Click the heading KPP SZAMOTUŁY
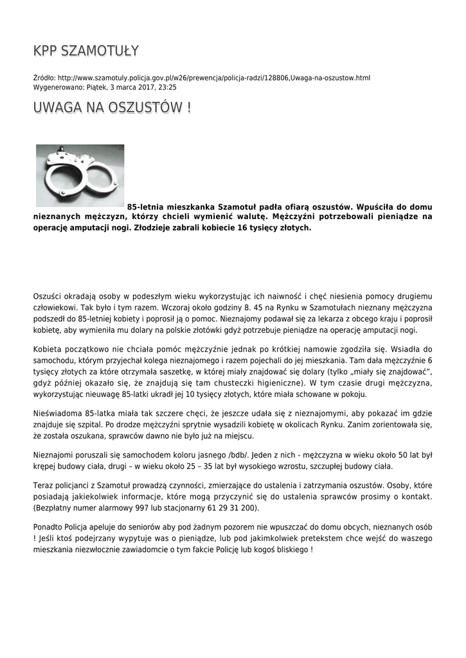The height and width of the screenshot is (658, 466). point(86,51)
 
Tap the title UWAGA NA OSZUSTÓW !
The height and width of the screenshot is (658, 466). point(112,108)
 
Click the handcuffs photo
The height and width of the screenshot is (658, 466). point(80,175)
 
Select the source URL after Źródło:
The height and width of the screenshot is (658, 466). point(214,78)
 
